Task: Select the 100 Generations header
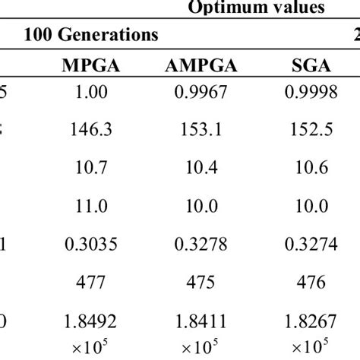pos(91,35)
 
